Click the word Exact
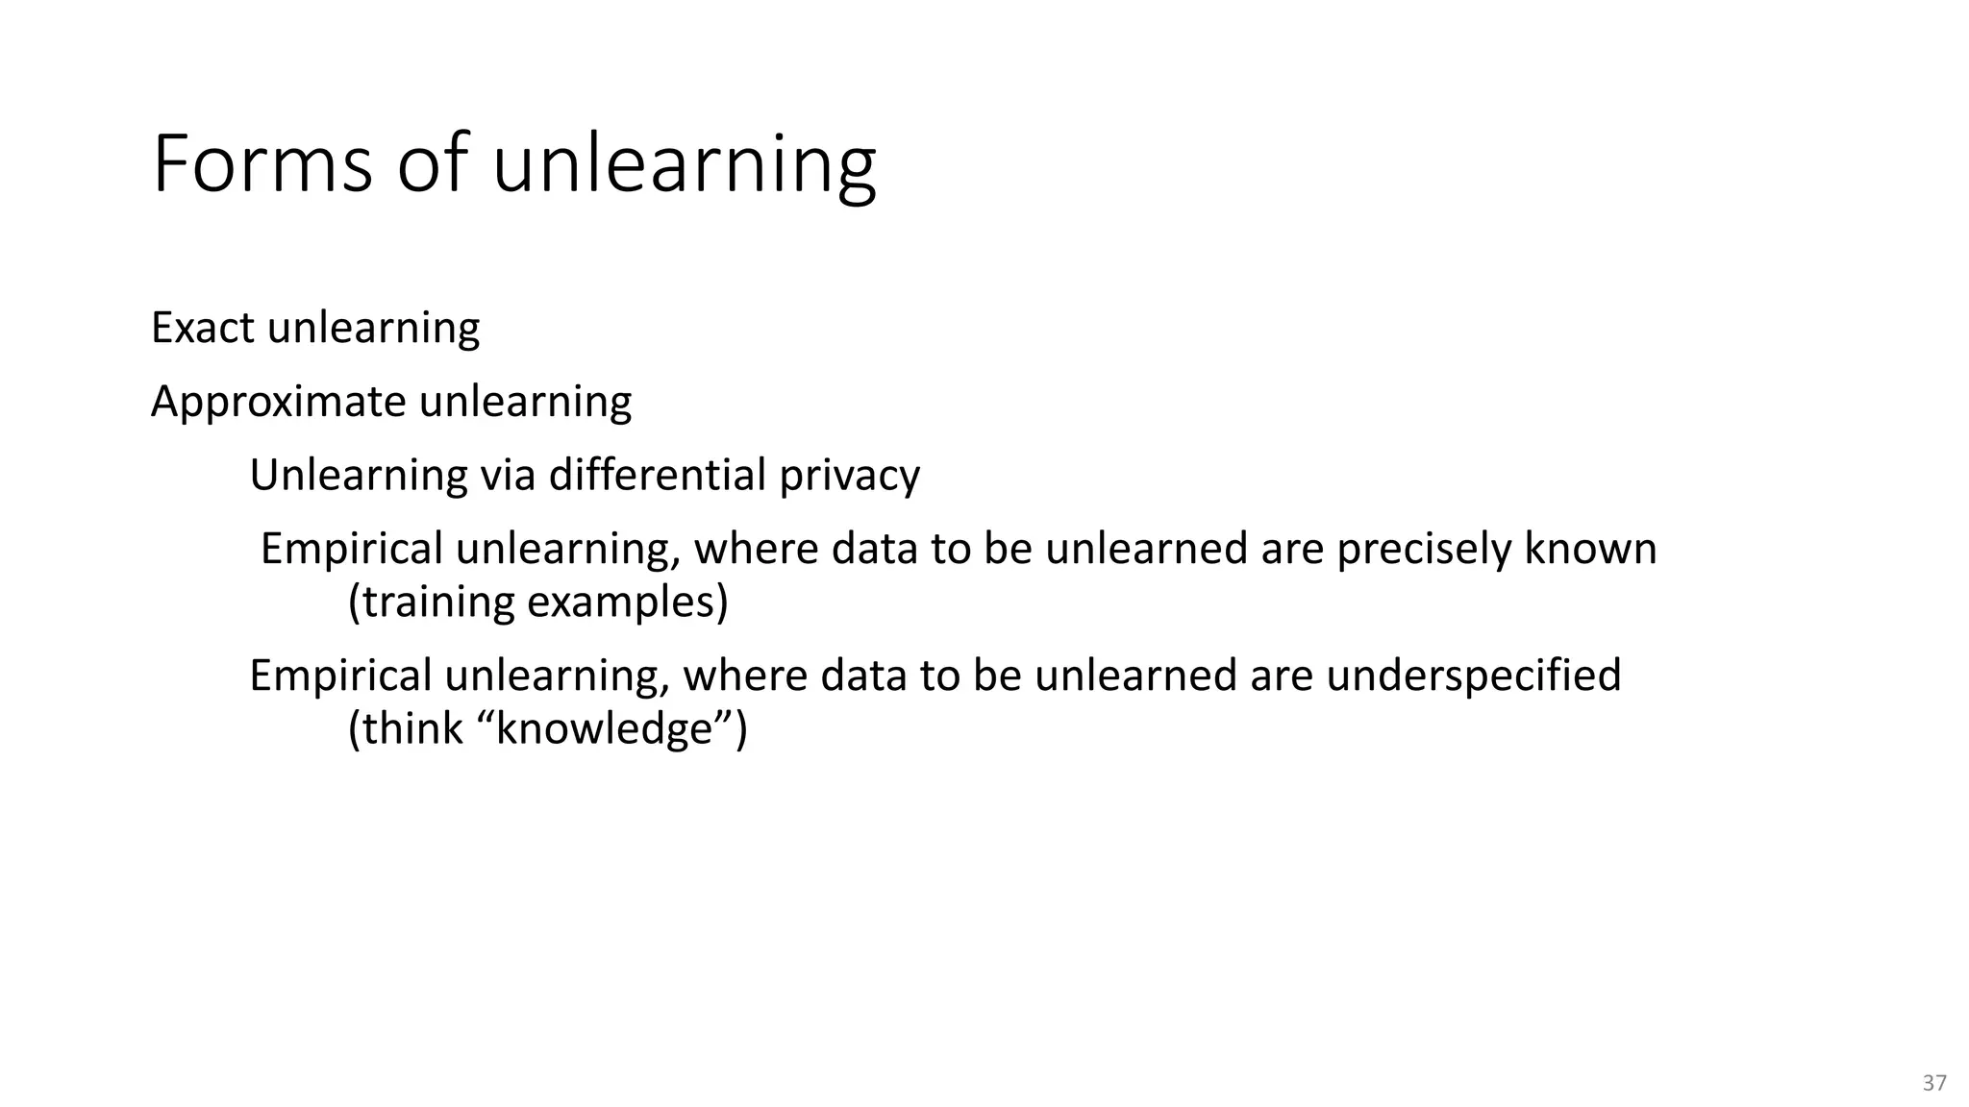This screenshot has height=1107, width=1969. (203, 328)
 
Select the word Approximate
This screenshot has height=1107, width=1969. (279, 401)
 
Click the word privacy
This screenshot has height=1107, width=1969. (849, 475)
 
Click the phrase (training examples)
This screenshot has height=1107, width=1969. (537, 602)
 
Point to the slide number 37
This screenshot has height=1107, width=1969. (1934, 1083)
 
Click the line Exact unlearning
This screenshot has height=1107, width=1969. (315, 328)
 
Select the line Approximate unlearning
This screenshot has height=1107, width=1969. (391, 401)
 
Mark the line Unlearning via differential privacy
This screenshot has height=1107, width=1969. (585, 475)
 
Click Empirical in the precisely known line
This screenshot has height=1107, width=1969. (352, 549)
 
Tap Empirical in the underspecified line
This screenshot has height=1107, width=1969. (340, 675)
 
